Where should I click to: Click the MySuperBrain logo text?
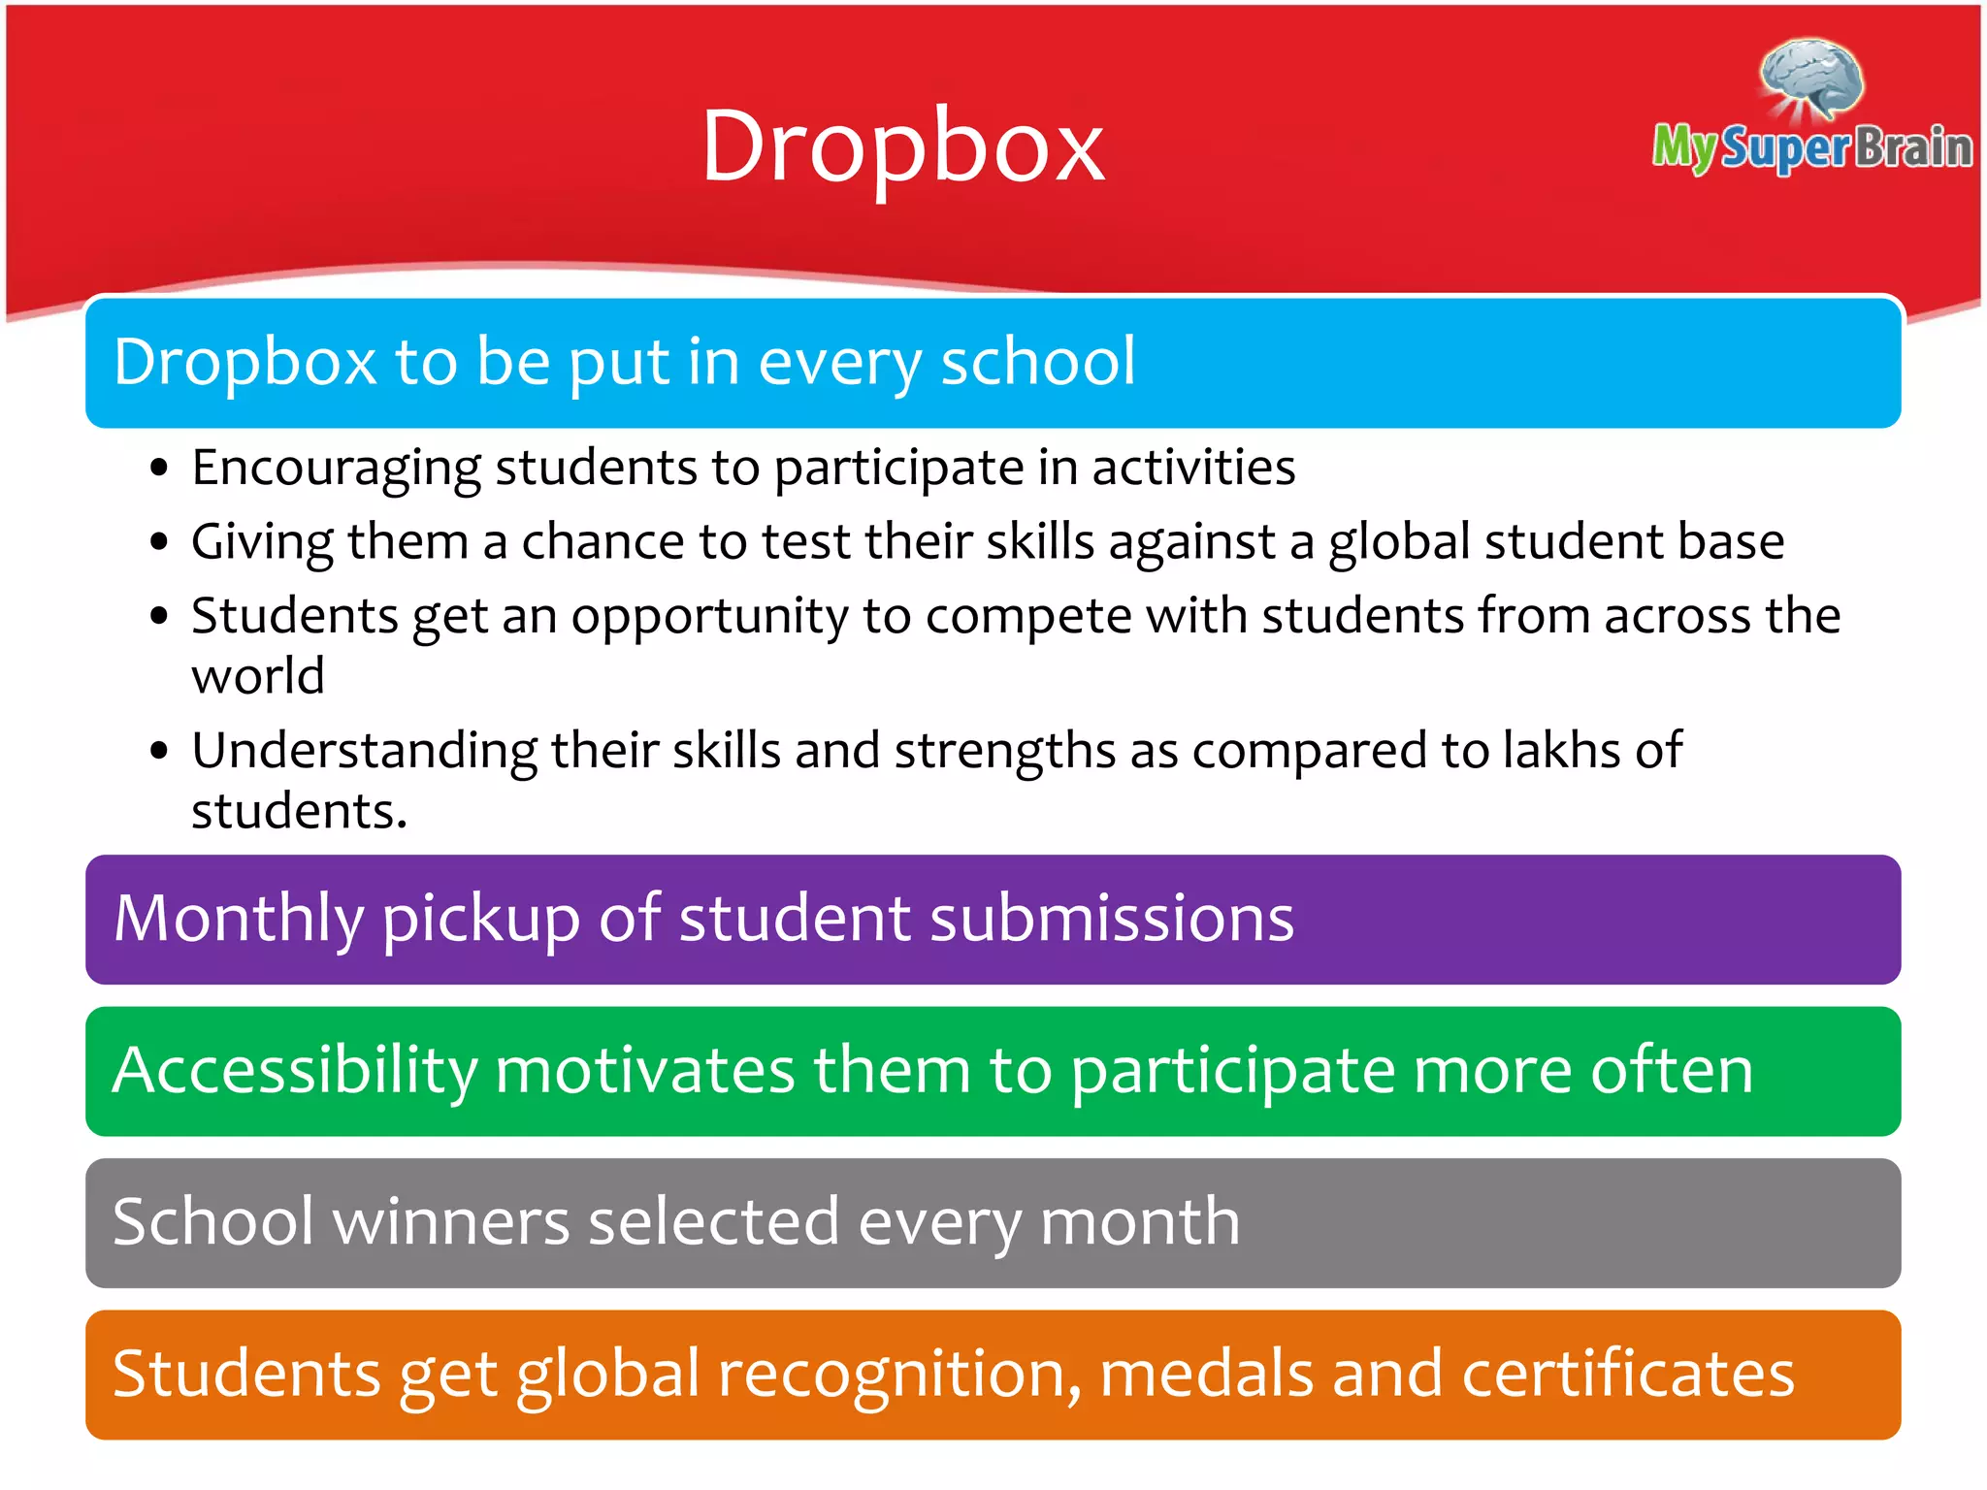point(1812,147)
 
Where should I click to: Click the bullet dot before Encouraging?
point(160,470)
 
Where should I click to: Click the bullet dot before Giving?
point(160,543)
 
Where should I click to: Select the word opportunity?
point(709,617)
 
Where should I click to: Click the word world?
point(257,676)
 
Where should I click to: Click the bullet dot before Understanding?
point(160,752)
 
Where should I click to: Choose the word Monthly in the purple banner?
point(238,919)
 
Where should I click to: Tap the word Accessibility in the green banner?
point(295,1071)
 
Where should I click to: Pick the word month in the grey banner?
point(1140,1221)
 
